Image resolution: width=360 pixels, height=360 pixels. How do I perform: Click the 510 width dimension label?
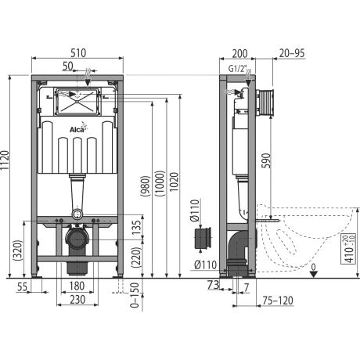click(x=78, y=53)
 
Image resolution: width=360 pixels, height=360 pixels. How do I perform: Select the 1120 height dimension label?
click(x=5, y=160)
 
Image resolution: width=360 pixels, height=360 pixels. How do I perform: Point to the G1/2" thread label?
click(x=237, y=69)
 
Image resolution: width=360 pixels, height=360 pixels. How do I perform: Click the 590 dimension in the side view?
click(x=266, y=160)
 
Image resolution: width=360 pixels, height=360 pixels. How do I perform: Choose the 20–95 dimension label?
click(x=292, y=53)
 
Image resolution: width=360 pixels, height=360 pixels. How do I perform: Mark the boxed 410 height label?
click(x=348, y=249)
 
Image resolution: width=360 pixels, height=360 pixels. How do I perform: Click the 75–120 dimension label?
click(x=278, y=301)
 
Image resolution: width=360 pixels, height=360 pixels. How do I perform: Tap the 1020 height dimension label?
click(x=174, y=182)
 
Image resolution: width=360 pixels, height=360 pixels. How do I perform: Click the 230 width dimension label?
click(x=77, y=300)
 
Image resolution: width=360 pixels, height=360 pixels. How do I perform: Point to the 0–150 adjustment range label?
click(x=135, y=295)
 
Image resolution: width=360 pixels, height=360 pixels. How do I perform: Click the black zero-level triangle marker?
click(x=314, y=274)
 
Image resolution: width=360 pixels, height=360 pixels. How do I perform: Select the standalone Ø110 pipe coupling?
click(x=203, y=238)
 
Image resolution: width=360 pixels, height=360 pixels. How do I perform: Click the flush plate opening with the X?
click(x=77, y=101)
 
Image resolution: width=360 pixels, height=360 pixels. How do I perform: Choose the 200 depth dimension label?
click(x=239, y=53)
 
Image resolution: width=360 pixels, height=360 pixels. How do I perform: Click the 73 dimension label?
click(x=213, y=285)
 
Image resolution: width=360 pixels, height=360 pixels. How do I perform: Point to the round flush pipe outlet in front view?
click(x=77, y=214)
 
